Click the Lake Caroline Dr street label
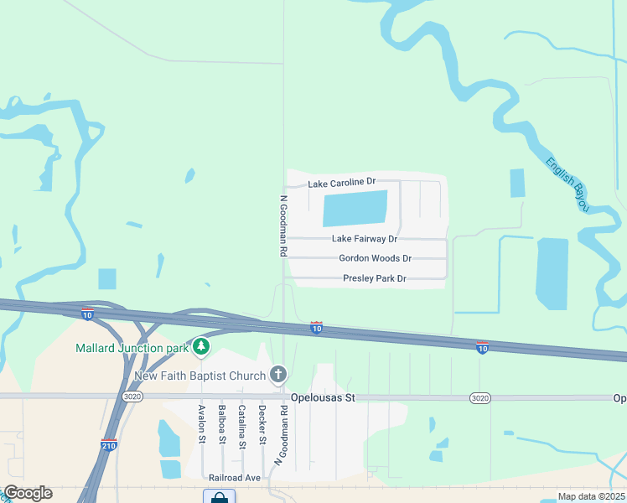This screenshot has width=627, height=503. (x=341, y=182)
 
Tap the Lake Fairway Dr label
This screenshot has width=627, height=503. (x=365, y=239)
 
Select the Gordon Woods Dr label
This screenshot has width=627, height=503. (x=375, y=259)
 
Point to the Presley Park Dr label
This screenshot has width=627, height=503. (x=374, y=278)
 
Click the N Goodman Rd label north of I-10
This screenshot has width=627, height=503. (x=283, y=226)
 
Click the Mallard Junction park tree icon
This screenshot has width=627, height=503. (x=200, y=346)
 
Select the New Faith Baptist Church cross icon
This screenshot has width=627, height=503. (x=278, y=375)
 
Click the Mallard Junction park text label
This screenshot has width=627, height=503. (x=132, y=348)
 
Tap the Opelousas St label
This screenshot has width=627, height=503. (x=323, y=397)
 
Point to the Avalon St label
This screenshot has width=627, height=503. (x=202, y=424)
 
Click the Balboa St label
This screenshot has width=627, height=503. (x=222, y=424)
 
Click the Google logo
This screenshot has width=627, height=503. (x=28, y=493)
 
